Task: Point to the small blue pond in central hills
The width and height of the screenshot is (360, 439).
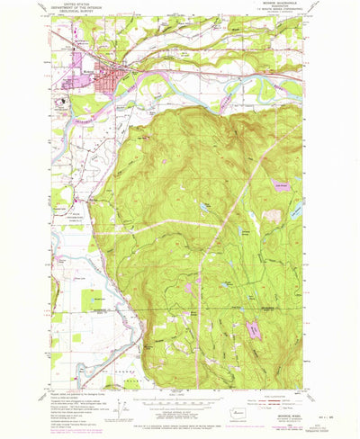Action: pyautogui.click(x=206, y=208)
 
